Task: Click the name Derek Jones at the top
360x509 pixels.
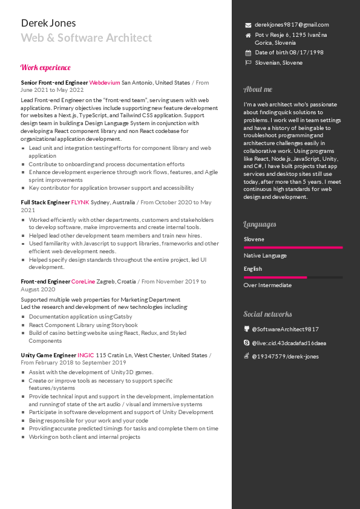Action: (48, 23)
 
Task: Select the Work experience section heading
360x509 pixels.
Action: (45, 68)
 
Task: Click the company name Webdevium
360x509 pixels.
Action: (105, 82)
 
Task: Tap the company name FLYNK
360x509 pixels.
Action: (80, 203)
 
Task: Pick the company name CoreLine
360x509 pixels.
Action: (83, 282)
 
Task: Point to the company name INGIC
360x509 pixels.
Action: (86, 355)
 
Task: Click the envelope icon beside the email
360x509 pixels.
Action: (248, 25)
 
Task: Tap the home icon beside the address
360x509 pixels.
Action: (248, 36)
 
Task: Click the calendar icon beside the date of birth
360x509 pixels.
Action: (248, 53)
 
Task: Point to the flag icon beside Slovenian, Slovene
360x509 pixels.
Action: (248, 63)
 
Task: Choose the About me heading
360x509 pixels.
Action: (258, 89)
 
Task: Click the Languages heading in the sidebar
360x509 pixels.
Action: (260, 224)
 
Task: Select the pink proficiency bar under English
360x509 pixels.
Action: (275, 277)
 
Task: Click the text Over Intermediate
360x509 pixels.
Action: (267, 285)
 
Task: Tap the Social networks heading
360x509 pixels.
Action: (267, 314)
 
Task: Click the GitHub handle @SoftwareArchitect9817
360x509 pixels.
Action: (285, 329)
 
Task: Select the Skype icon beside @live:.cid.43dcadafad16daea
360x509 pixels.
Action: (247, 343)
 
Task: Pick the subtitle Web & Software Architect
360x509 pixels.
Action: (87, 38)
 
